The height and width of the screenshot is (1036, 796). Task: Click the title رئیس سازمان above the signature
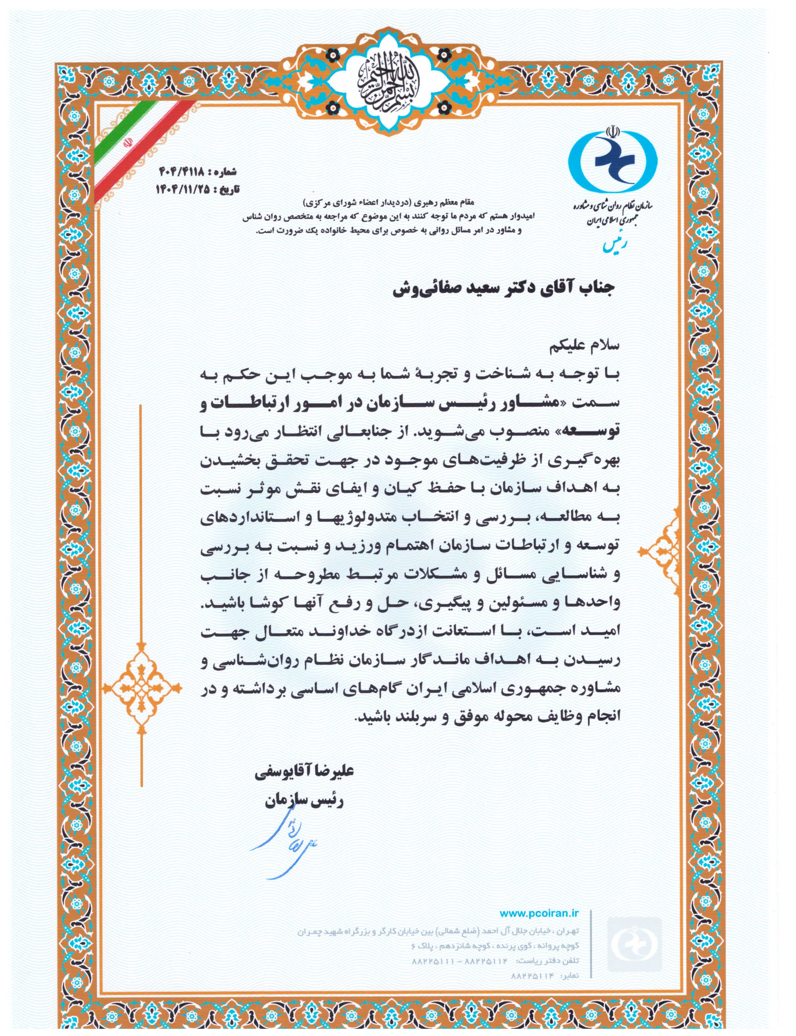(304, 800)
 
